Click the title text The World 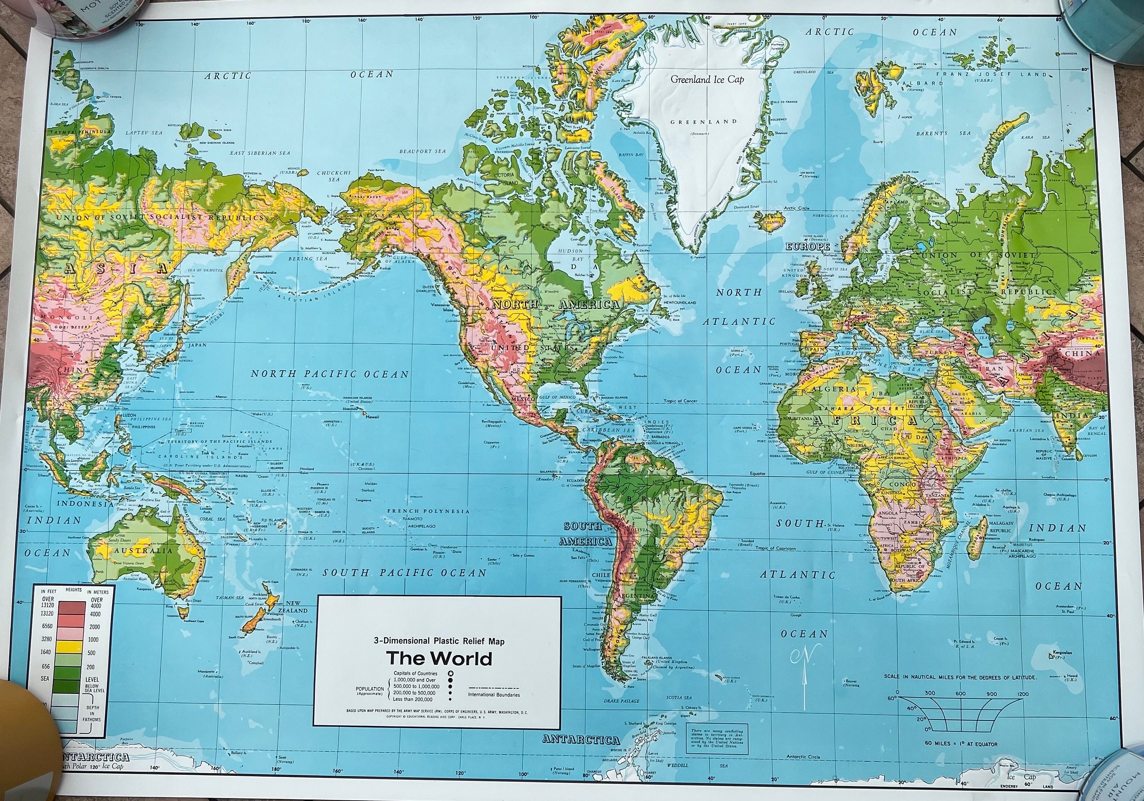pyautogui.click(x=439, y=659)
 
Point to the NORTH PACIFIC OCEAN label pyautogui.click(x=329, y=374)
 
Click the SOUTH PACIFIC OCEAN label pyautogui.click(x=404, y=573)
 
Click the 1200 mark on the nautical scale pyautogui.click(x=1019, y=694)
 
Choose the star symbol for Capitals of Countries pyautogui.click(x=450, y=674)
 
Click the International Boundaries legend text pyautogui.click(x=494, y=694)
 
